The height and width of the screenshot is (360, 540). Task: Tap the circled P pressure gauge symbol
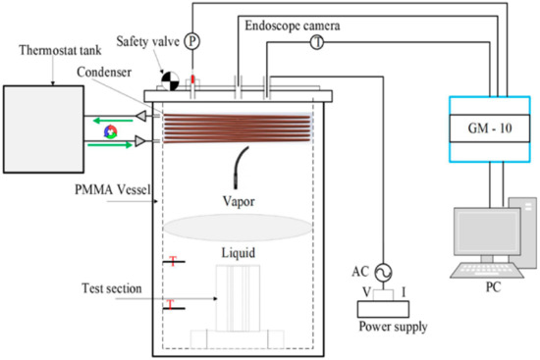[192, 15]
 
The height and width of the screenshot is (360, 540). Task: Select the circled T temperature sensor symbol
[317, 42]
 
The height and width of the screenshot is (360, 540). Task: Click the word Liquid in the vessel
[239, 252]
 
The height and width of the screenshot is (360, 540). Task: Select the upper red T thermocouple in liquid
[173, 262]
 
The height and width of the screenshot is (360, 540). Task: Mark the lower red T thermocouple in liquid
[173, 305]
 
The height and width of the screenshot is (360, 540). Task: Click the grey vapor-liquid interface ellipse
[234, 227]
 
